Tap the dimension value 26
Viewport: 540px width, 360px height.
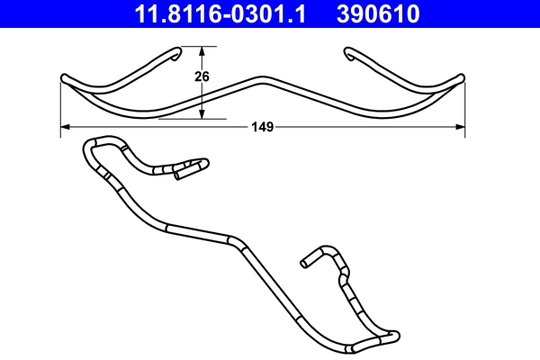click(202, 77)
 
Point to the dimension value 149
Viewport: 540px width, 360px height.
click(262, 128)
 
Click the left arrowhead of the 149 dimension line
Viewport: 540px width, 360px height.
click(66, 128)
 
